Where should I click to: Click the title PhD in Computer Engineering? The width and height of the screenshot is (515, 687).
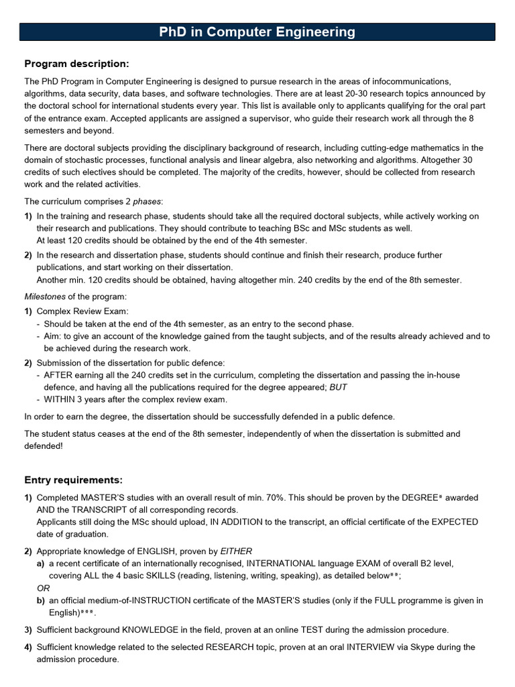257,32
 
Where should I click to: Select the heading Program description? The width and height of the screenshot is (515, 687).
76,64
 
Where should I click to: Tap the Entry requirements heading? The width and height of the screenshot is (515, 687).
74,480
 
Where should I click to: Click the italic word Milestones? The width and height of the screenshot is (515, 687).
48,297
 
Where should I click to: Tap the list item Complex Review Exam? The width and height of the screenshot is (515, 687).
82,311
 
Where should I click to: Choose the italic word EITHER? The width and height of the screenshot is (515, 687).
236,551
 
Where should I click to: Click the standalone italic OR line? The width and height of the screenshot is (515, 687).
43,588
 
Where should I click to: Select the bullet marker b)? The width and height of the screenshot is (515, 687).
41,600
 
